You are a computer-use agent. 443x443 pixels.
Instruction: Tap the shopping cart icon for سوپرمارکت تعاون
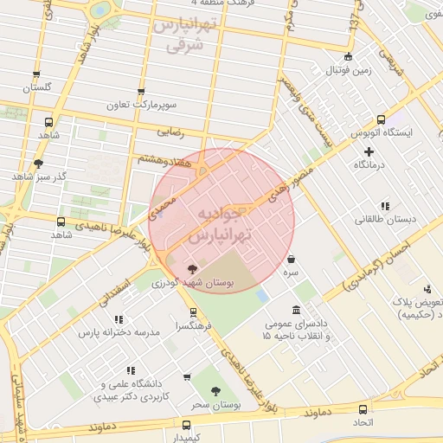pos(141,91)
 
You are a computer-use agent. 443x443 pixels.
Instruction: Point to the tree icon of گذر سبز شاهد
pos(37,163)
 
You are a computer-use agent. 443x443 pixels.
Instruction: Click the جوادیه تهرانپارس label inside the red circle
pos(221,224)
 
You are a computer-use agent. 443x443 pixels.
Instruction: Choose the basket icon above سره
pos(290,258)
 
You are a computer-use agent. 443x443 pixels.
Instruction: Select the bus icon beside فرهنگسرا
pos(192,312)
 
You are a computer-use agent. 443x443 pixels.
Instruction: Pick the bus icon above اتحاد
pos(362,408)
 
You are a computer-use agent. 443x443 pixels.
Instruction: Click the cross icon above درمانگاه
pos(369,152)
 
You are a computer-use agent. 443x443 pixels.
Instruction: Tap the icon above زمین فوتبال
pos(348,57)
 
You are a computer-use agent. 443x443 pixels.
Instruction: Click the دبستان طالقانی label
pos(384,220)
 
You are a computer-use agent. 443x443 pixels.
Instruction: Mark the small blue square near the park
pos(262,296)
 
